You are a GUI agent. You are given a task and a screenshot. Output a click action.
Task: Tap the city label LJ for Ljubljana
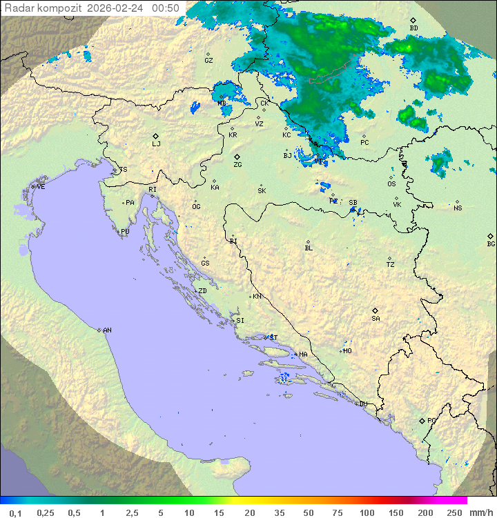pos(156,144)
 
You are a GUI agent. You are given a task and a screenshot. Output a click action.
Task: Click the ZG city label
pos(237,165)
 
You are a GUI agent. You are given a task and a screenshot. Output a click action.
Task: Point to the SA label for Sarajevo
pos(376,319)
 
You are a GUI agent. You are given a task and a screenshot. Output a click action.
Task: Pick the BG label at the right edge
pos(491,244)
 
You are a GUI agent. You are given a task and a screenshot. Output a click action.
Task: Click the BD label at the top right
pos(413,28)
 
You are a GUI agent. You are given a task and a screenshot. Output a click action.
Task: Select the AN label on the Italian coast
pos(107,330)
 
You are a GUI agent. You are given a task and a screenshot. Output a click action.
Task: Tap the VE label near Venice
pos(41,187)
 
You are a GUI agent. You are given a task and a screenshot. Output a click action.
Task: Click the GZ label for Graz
pos(208,61)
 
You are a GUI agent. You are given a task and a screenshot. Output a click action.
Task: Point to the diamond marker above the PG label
pos(422,420)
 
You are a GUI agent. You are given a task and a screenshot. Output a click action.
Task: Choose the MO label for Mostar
pos(347,351)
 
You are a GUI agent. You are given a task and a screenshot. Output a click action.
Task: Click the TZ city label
pos(391,265)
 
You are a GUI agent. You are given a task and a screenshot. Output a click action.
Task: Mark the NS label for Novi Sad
pos(458,208)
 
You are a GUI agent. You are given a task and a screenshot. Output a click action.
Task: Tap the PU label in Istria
pos(125,232)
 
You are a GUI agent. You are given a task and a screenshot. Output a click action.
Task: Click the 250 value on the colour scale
pos(454,512)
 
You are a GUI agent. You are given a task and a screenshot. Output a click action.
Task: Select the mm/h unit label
pos(480,512)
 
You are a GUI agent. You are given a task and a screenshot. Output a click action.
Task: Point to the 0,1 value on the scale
pos(15,512)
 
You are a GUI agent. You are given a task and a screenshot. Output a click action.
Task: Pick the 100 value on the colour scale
pos(367,512)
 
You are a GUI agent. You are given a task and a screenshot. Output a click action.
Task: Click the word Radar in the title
pos(19,8)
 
